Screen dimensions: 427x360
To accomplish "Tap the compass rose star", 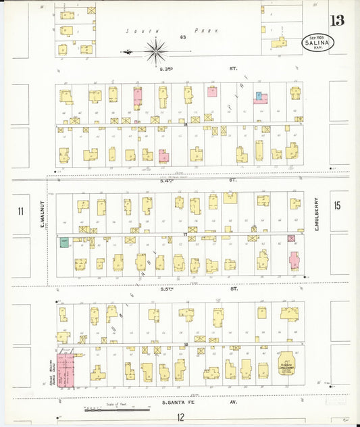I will [156, 49].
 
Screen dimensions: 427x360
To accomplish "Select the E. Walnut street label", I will [41, 211].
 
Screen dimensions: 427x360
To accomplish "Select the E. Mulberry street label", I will [315, 211].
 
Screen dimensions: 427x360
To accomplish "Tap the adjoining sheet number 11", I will [21, 211].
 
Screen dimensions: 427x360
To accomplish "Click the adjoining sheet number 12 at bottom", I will [180, 417].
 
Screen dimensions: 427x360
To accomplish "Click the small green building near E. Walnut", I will [65, 242].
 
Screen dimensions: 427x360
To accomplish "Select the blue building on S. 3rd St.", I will [258, 96].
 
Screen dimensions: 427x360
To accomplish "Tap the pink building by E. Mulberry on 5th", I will [294, 260].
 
